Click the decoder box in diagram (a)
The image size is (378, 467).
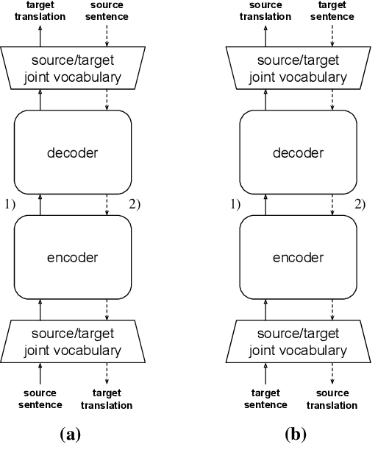click(x=72, y=153)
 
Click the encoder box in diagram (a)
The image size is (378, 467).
click(x=72, y=258)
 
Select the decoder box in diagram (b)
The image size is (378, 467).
click(x=299, y=153)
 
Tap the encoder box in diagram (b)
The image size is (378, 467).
click(x=299, y=258)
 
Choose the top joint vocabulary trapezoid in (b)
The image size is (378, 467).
click(x=299, y=69)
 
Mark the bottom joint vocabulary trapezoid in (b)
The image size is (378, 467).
click(x=299, y=343)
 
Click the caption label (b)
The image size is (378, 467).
click(x=296, y=434)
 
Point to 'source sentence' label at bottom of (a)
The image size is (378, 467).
click(x=40, y=399)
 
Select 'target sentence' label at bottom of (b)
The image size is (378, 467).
click(x=266, y=399)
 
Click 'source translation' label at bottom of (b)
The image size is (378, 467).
click(x=335, y=399)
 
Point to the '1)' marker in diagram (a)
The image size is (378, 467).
click(x=10, y=204)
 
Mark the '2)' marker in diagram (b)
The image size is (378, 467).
click(x=360, y=204)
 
